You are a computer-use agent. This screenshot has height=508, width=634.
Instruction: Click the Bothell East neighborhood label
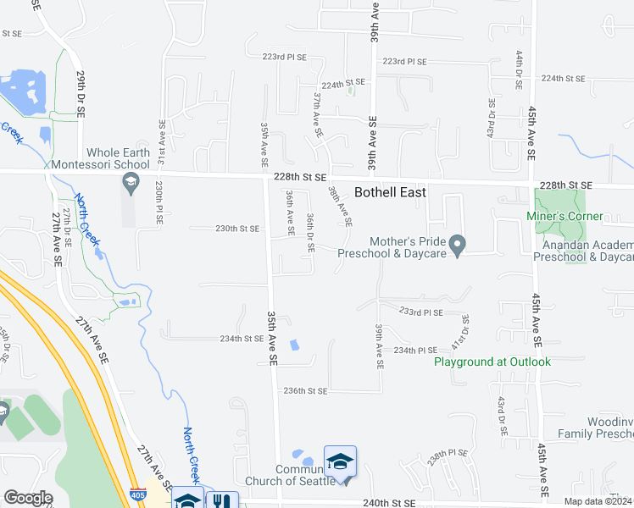390,192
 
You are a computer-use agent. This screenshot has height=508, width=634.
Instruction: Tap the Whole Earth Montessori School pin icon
131,181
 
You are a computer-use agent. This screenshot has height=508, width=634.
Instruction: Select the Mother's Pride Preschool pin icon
458,246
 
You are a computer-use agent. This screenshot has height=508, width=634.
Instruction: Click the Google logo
28,498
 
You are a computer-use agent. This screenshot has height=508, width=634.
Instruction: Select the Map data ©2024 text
598,502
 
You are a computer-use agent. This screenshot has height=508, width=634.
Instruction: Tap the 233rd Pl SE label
421,312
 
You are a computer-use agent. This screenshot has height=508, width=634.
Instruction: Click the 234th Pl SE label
415,350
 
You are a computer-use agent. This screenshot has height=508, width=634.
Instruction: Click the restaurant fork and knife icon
222,501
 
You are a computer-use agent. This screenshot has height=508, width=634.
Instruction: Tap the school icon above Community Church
340,461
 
